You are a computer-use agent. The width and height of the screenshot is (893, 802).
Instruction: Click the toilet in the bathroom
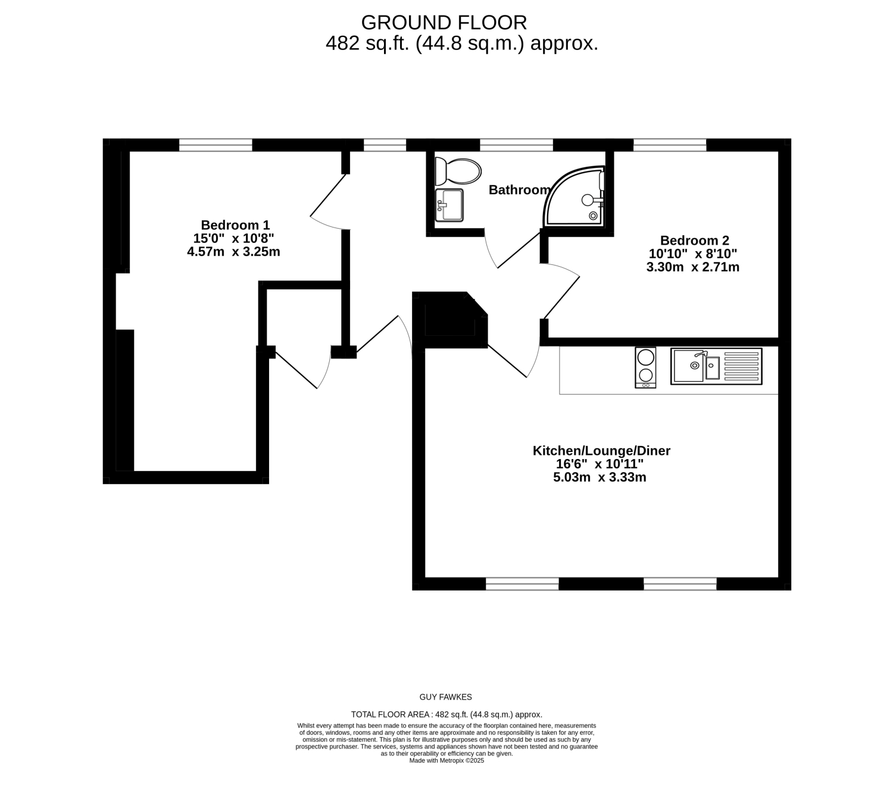pos(458,171)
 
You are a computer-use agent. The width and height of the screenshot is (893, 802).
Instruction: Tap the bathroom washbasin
pos(449,205)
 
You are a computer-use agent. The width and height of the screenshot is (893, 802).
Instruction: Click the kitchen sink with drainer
pos(716,366)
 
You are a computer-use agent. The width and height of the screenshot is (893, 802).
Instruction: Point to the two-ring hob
pos(645,367)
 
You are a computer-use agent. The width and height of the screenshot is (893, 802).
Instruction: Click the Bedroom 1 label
pos(235,225)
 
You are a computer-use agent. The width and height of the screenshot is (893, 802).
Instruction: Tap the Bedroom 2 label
pos(694,241)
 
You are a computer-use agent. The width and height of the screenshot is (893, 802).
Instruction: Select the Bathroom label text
pos(519,189)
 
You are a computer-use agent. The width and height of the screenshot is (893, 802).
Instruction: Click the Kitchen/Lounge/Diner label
pos(601,451)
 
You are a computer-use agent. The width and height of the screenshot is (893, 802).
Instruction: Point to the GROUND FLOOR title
pos(444,23)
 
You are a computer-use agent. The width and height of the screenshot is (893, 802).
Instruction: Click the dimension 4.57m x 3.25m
pos(233,251)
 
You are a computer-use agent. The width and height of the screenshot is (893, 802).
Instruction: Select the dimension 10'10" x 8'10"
pos(693,254)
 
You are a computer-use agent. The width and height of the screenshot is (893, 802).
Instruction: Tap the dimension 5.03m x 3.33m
pos(600,477)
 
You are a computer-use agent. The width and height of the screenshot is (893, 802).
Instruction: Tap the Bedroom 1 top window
pos(216,145)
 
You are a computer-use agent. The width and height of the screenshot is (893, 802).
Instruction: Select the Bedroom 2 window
pos(670,145)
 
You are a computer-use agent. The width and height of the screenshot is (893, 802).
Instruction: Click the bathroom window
pos(516,145)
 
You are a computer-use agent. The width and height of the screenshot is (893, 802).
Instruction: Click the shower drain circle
pos(593,216)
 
